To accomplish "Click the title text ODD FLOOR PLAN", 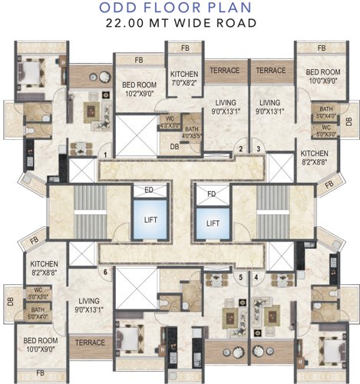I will click(x=180, y=8).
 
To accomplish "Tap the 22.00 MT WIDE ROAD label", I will click(x=180, y=25).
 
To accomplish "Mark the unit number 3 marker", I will click(x=258, y=149).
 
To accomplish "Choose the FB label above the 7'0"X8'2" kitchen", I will click(x=185, y=48).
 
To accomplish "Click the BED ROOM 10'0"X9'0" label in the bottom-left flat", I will click(x=40, y=344).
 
